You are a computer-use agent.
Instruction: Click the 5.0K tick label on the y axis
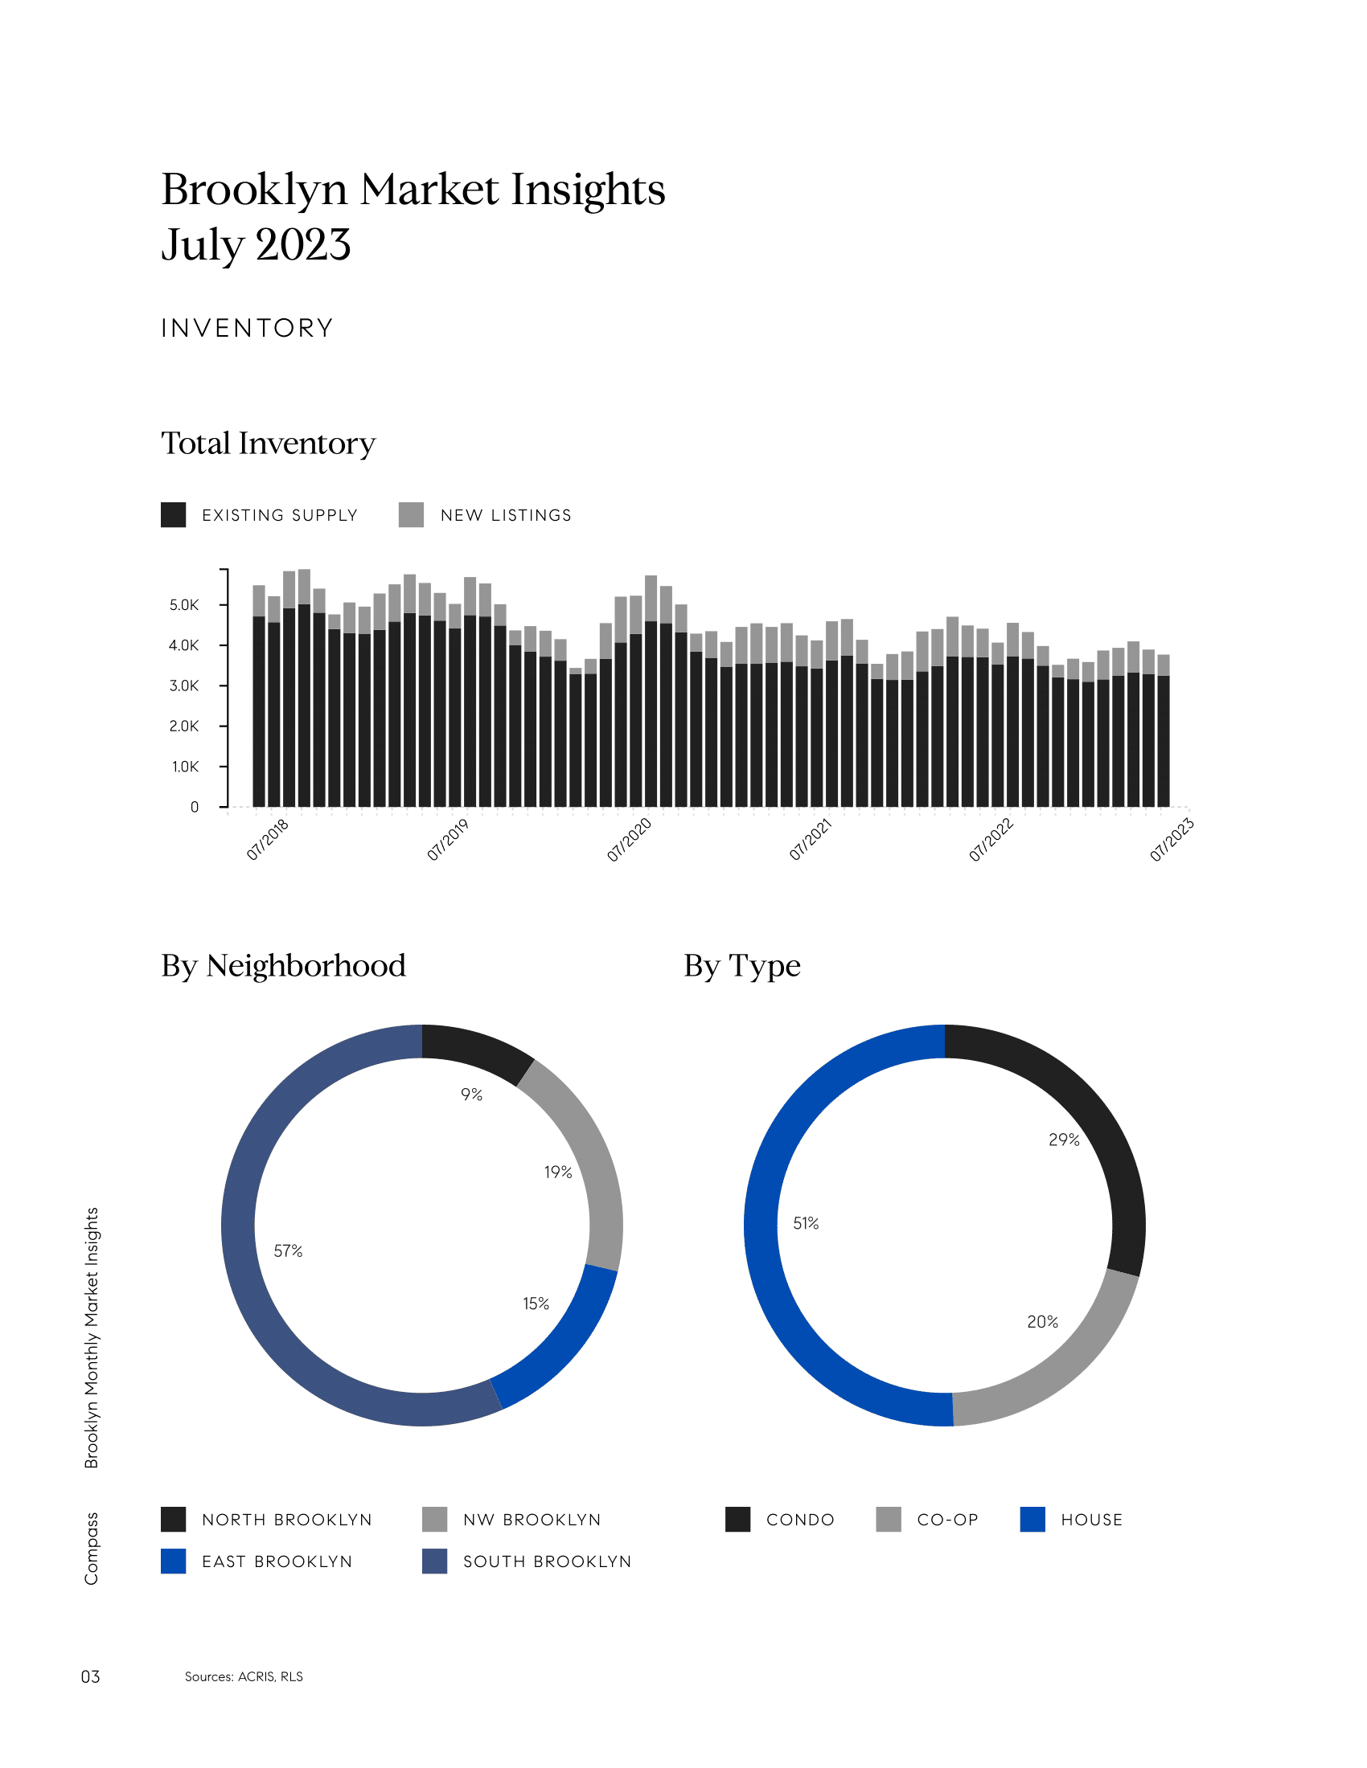[x=184, y=605]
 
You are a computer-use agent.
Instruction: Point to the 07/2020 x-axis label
[x=630, y=840]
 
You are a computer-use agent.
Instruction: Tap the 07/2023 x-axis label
[x=1172, y=840]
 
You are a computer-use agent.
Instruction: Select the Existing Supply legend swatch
[x=174, y=515]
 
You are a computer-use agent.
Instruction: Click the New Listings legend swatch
[x=412, y=515]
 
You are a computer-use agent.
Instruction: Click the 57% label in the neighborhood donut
[x=289, y=1250]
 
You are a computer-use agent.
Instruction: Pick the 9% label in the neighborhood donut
[x=472, y=1095]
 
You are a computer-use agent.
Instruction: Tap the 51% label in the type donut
[x=806, y=1223]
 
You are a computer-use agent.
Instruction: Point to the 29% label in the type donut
[x=1064, y=1140]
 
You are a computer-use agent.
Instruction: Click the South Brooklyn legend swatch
[x=435, y=1561]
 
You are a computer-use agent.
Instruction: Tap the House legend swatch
[x=1032, y=1520]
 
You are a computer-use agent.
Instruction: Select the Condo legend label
[x=800, y=1520]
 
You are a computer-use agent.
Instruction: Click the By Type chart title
[x=742, y=966]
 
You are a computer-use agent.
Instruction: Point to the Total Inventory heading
[x=268, y=444]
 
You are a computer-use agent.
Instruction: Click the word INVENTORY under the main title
[x=247, y=328]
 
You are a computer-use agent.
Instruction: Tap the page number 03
[x=91, y=1676]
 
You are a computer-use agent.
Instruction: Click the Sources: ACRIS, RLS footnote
[x=244, y=1676]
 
